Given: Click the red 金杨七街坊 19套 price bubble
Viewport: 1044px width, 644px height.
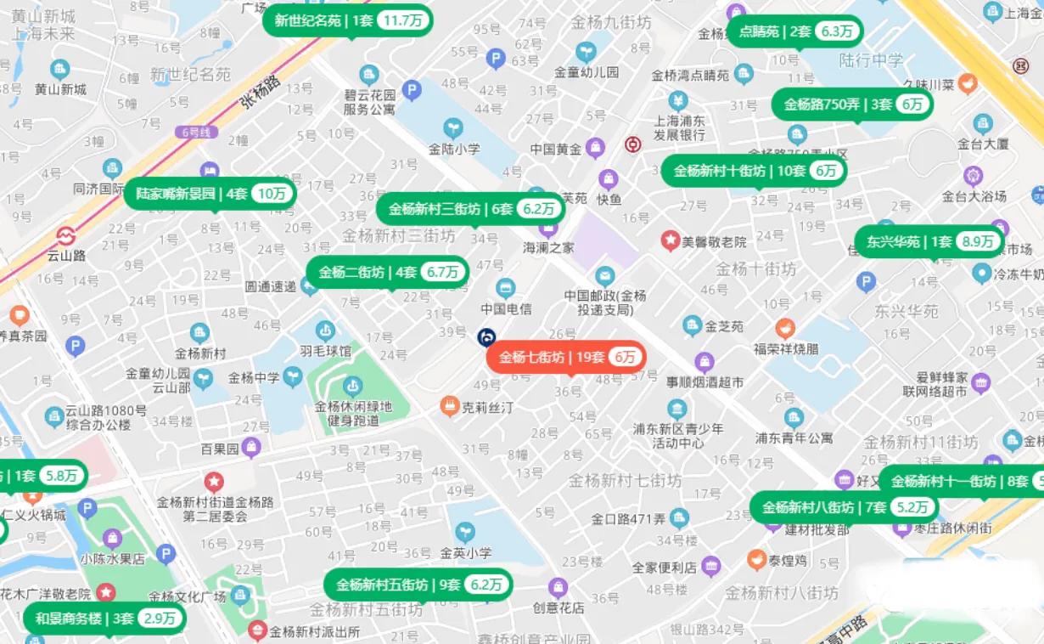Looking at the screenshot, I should click(565, 357).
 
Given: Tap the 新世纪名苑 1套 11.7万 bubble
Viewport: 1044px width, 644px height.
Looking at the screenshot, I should click(348, 20).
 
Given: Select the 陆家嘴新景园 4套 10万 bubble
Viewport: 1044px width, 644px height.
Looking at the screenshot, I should click(210, 193).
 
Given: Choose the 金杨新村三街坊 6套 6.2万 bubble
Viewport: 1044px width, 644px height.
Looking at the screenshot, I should click(470, 209).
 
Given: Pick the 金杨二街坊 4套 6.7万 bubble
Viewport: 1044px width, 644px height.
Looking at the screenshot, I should click(387, 272).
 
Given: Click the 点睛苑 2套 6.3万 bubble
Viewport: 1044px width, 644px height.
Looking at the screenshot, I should click(795, 31).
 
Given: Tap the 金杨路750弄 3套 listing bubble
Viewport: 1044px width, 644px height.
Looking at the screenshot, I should click(851, 105).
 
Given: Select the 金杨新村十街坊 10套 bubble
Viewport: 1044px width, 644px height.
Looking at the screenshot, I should click(754, 170).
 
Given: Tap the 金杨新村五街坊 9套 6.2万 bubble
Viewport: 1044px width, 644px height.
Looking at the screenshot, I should click(418, 585).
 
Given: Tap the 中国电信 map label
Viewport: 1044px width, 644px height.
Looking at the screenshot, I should click(506, 308).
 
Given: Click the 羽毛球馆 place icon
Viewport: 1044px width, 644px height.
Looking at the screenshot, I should click(325, 330).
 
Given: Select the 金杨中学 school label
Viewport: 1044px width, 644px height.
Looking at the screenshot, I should click(253, 378).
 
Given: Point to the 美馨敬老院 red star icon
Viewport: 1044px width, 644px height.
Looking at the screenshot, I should click(671, 241).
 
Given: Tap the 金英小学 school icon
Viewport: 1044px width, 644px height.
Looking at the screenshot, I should click(465, 533).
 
